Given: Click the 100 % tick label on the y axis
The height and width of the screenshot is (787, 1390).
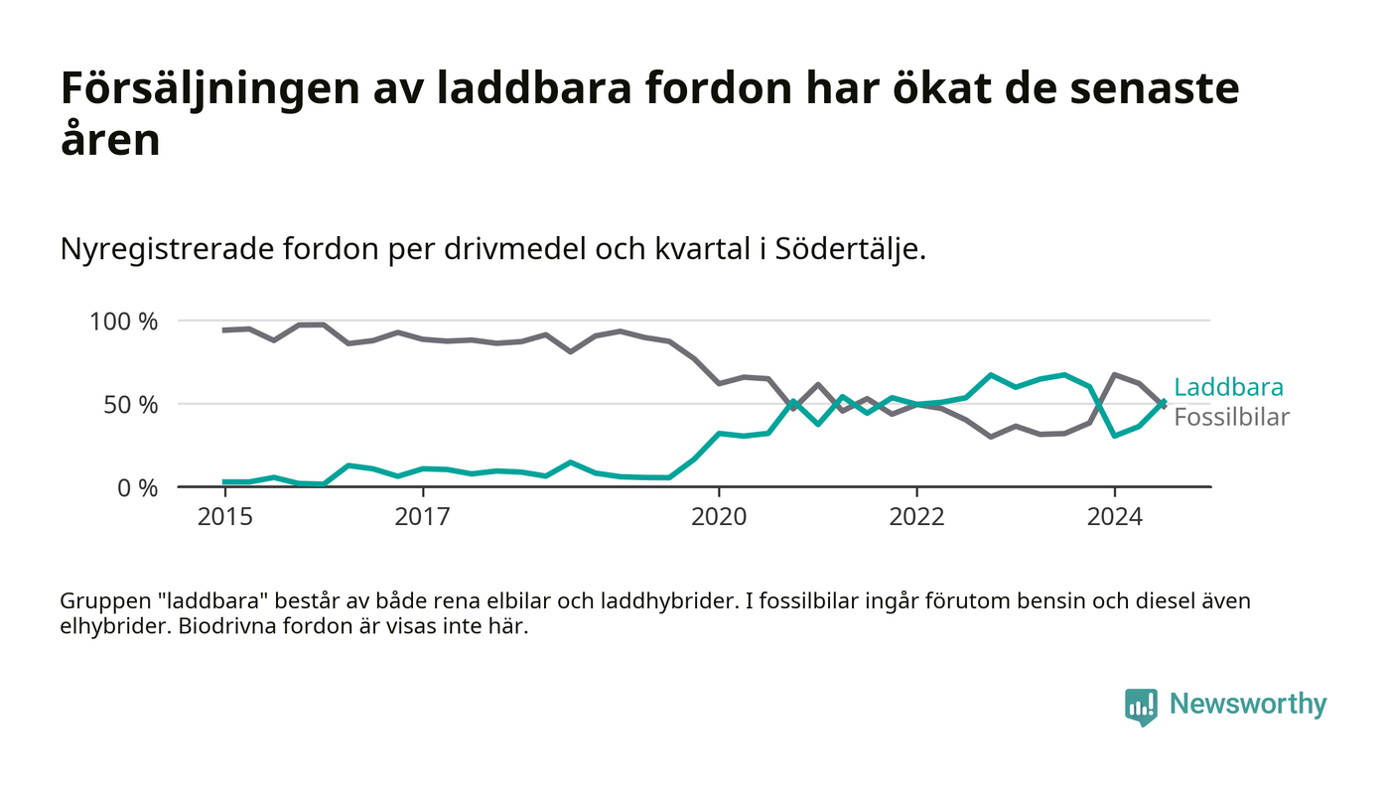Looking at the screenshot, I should coord(124,322).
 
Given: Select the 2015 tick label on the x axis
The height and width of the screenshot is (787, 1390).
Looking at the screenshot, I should coord(225,517).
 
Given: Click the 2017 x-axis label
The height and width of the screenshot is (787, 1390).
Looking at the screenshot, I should coord(423,517).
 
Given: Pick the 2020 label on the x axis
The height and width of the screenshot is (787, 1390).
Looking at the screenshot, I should coord(719,517).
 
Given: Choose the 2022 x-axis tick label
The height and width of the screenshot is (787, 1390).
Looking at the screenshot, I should coord(916,517).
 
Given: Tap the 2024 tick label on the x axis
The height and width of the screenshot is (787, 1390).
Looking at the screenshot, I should coord(1114,517).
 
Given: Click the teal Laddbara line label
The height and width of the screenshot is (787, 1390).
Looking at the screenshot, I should coord(1228,388).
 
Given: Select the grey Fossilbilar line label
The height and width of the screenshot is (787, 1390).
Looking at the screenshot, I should coord(1231,417).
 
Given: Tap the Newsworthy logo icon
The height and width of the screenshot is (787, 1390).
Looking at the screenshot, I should coord(1142,706).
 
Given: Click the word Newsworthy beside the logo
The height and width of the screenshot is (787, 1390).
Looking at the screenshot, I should coord(1248,705).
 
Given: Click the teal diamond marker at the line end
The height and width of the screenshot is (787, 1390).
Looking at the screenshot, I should coord(1164,403).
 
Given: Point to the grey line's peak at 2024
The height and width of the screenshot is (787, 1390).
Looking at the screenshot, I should coord(1115,375).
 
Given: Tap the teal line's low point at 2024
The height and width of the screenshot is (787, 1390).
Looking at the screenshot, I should coord(1115,436).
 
